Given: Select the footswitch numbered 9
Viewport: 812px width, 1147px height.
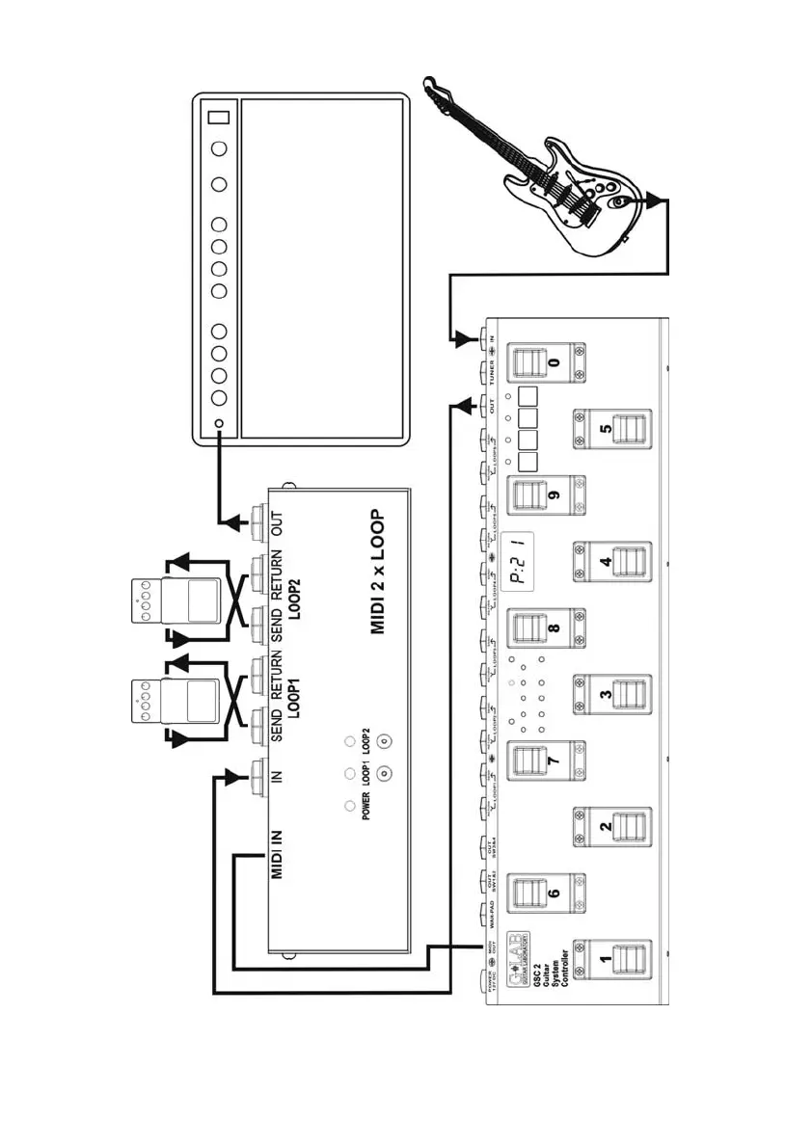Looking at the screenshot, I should pyautogui.click(x=540, y=497).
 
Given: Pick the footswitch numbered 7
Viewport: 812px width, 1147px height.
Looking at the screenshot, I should pyautogui.click(x=540, y=761).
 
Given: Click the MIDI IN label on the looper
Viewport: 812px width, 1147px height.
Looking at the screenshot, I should pyautogui.click(x=278, y=853).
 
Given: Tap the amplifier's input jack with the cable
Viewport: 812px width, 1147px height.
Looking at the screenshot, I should pyautogui.click(x=220, y=425).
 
